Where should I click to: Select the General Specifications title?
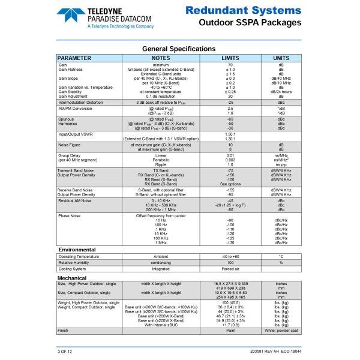coord(178,49)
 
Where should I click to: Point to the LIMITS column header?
coord(230,58)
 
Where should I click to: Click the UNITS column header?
coord(281,58)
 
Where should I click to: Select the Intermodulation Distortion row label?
coord(80,103)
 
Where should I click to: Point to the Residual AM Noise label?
coord(74,200)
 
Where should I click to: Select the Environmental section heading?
coord(77,249)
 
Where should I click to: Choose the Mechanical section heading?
coord(73,278)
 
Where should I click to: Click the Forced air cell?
coord(230,269)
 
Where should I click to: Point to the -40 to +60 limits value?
coord(230,256)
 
